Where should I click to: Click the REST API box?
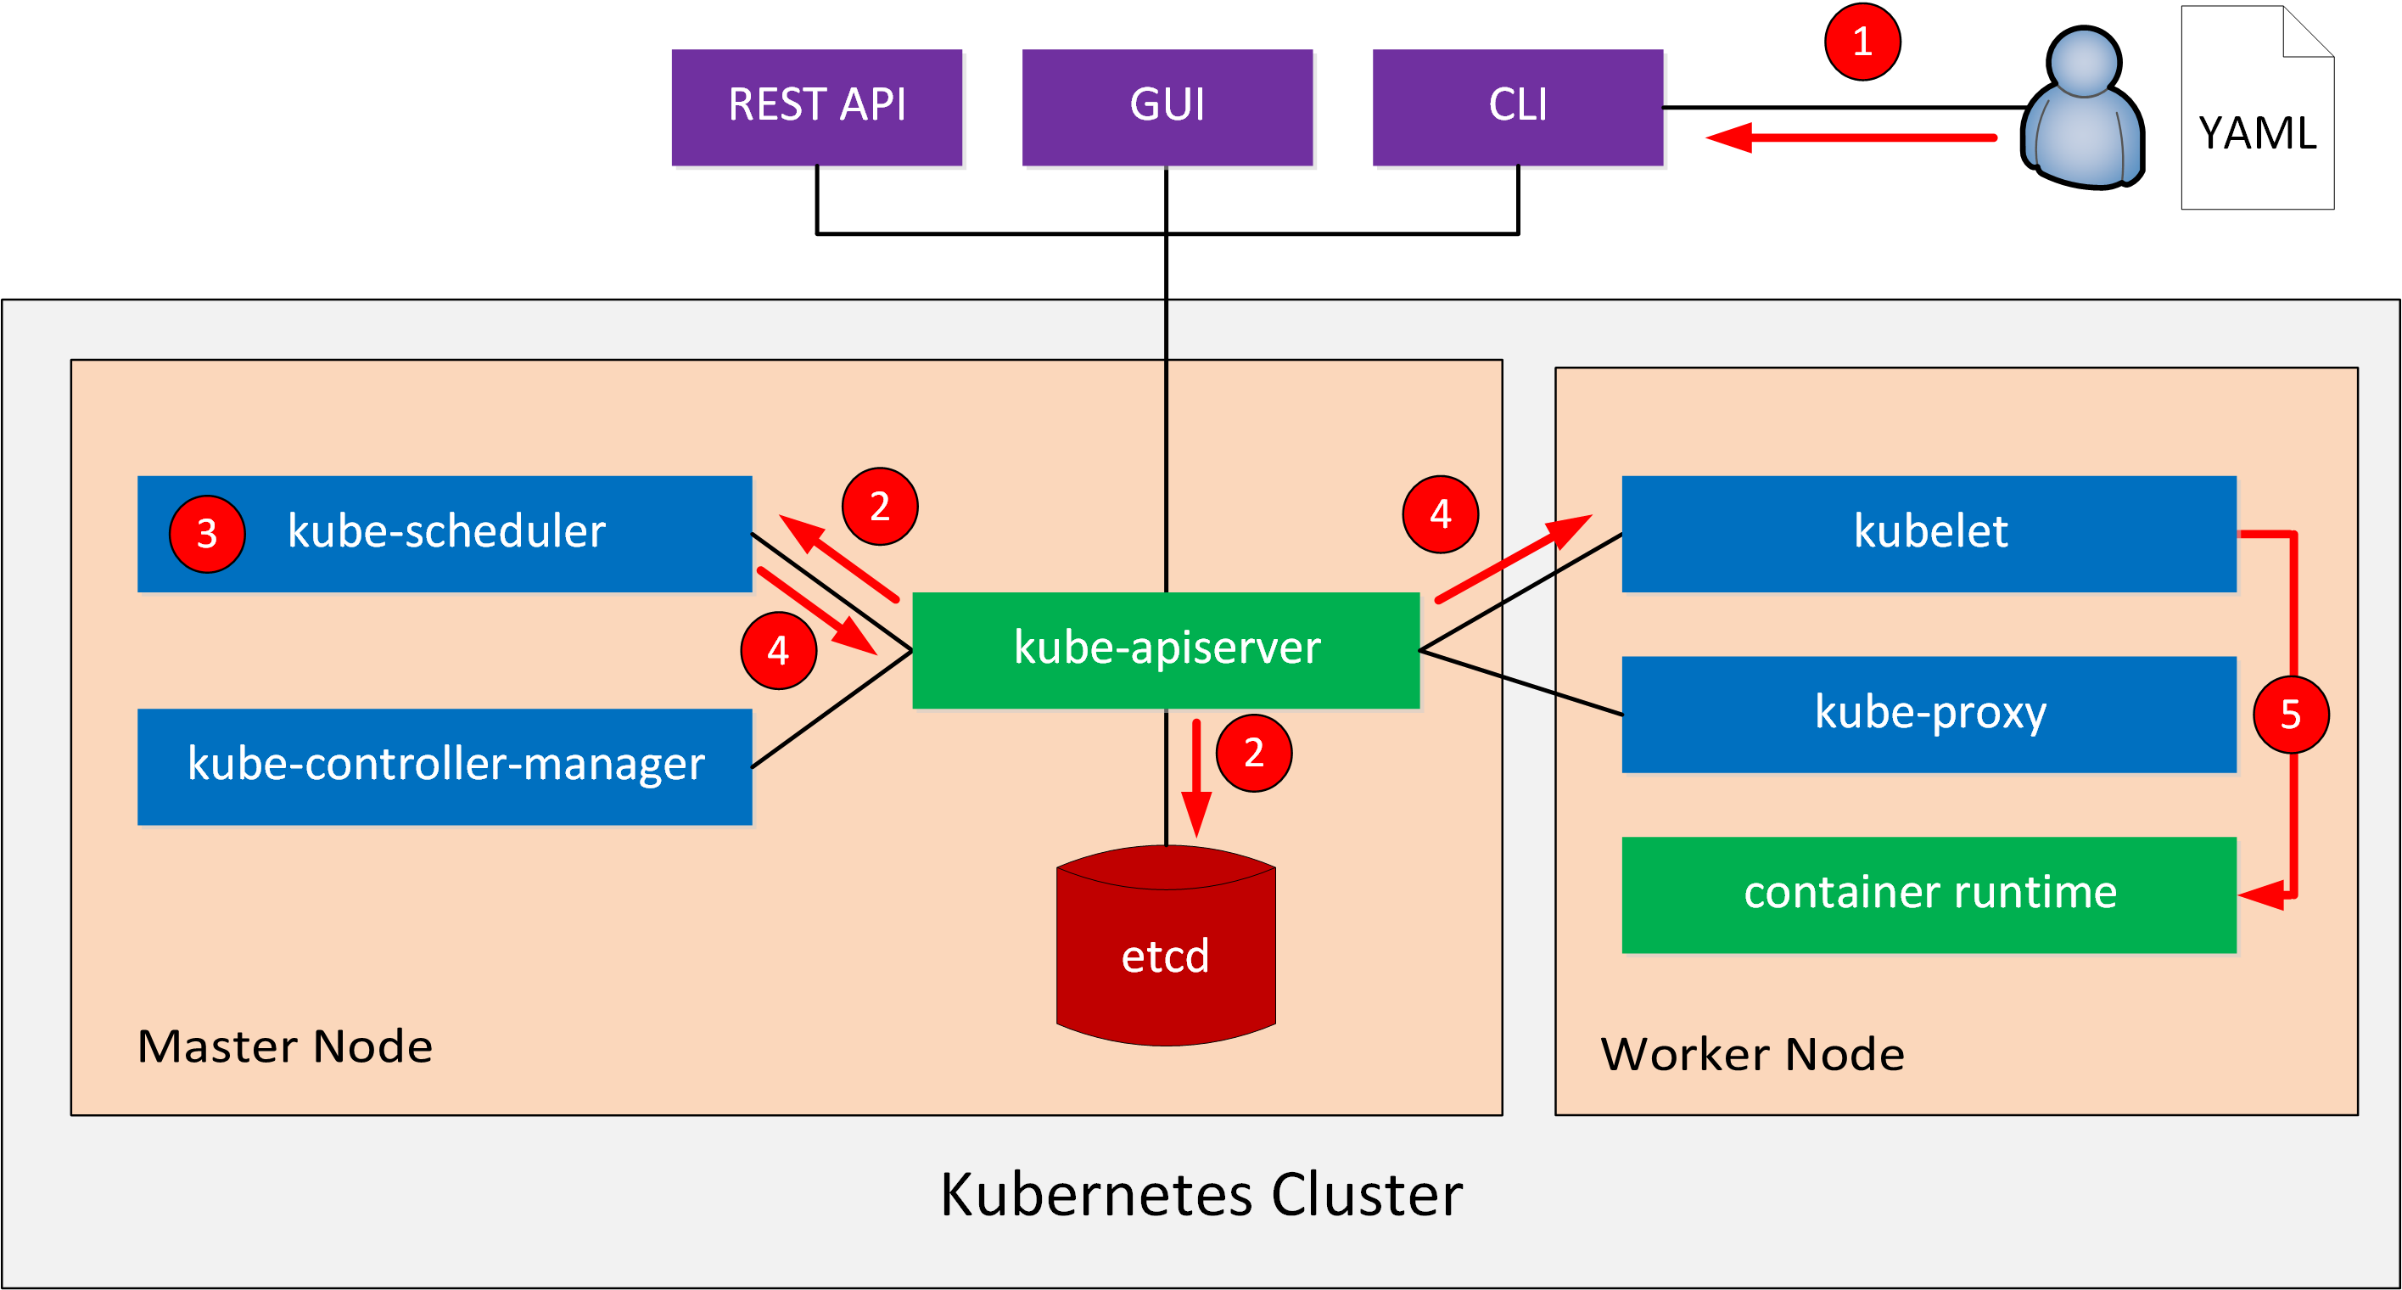[817, 107]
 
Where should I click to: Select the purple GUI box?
[1167, 107]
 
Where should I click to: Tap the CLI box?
[1518, 107]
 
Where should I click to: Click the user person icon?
[2083, 107]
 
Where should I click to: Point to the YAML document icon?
[2258, 107]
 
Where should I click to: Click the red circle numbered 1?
[1862, 42]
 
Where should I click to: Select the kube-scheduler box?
[445, 534]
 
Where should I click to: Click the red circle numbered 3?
[207, 534]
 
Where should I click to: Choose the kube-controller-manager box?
[445, 766]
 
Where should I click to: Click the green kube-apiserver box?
[1166, 650]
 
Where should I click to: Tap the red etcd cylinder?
[1166, 945]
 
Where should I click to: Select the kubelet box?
[1929, 534]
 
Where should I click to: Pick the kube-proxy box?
[1929, 715]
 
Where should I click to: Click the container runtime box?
[1929, 895]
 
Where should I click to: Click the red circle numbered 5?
[2291, 715]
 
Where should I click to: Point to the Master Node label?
[284, 1046]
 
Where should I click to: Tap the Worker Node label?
[1752, 1054]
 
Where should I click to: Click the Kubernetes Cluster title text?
[1201, 1195]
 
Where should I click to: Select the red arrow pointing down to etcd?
[1196, 779]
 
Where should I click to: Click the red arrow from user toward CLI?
[1850, 138]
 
